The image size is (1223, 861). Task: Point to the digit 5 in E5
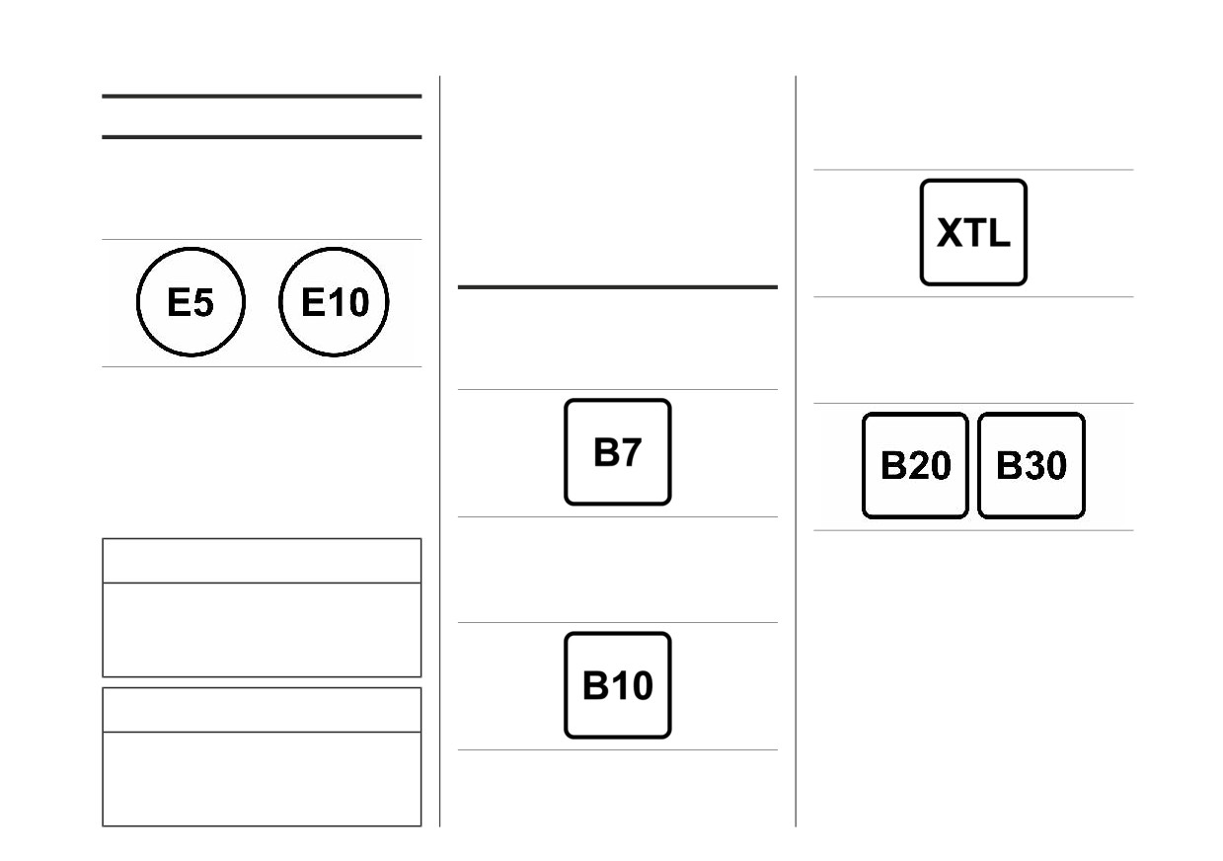click(203, 303)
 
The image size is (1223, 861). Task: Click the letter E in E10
click(313, 302)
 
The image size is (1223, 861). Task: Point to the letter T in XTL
click(975, 233)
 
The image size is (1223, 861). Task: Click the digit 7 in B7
click(631, 453)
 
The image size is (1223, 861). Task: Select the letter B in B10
click(595, 685)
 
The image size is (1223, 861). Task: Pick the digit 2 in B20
click(916, 465)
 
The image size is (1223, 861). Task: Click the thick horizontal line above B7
click(618, 286)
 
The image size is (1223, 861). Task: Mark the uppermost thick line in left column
click(263, 96)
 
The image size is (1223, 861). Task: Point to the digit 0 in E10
click(358, 303)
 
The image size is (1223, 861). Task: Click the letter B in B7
click(606, 452)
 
